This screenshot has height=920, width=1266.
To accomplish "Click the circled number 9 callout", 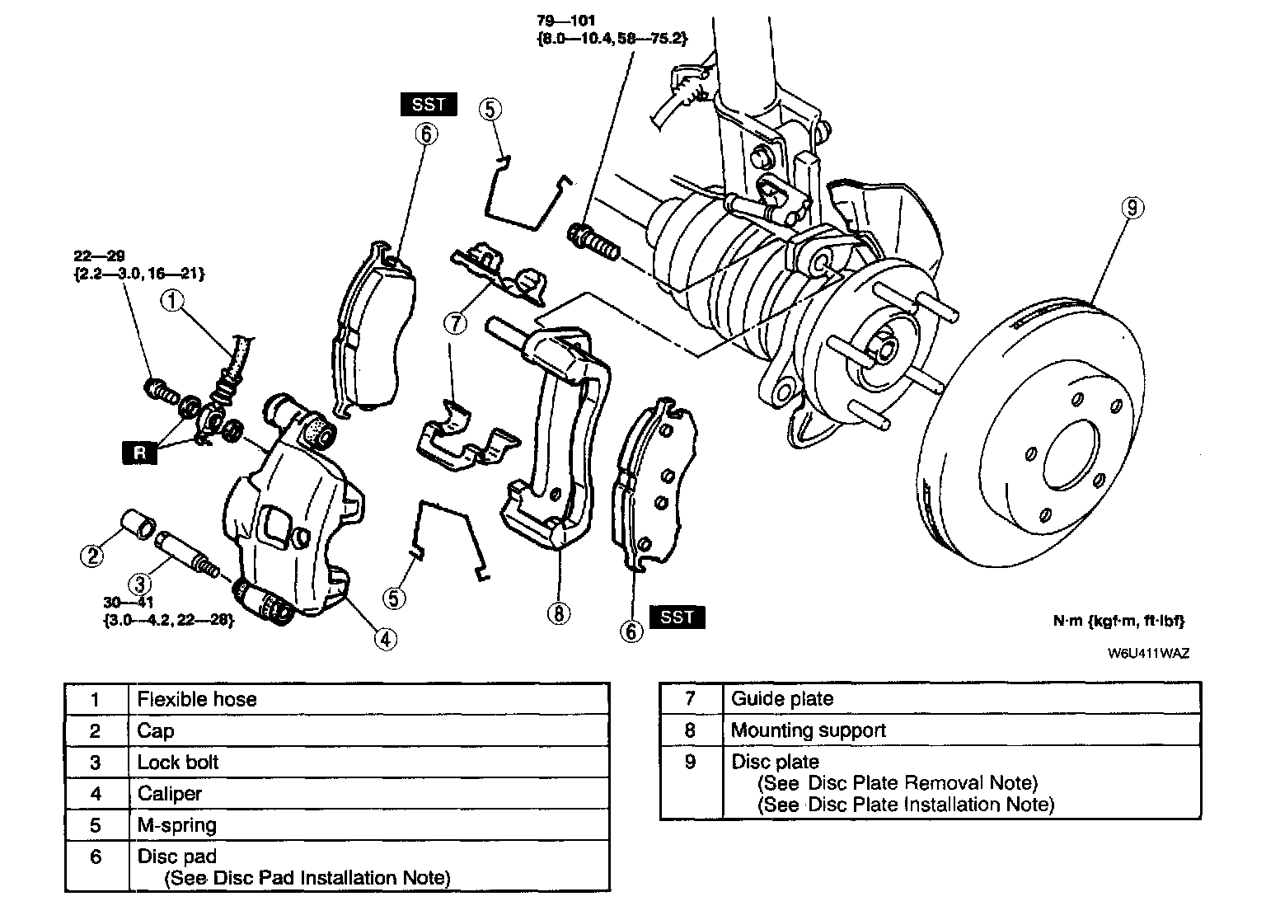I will [x=1132, y=209].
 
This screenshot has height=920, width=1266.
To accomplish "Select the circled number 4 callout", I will [x=385, y=637].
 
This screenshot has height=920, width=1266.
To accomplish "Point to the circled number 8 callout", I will [x=559, y=613].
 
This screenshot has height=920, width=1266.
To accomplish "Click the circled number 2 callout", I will [x=92, y=555].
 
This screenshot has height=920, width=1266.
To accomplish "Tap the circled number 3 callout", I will [x=140, y=584].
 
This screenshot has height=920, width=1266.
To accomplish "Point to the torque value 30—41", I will [x=129, y=603].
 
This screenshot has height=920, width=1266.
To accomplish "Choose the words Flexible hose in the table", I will [x=197, y=700].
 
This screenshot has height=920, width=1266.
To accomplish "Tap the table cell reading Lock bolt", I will [x=178, y=763].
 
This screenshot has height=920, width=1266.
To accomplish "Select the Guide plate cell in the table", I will [x=782, y=699].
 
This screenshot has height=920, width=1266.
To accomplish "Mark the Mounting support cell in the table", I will [x=809, y=730].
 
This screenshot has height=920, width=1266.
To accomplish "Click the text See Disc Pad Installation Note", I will [x=308, y=878].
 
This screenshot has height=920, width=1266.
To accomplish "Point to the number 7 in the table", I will [x=691, y=699].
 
